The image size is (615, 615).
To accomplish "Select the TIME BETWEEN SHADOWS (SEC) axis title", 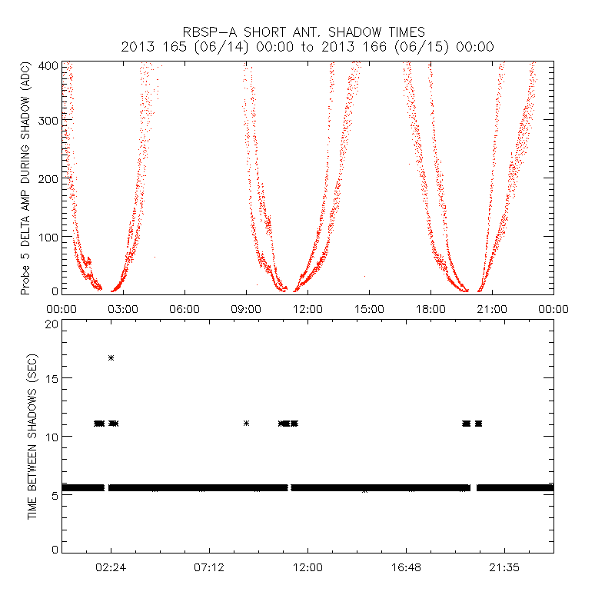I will tap(32, 437).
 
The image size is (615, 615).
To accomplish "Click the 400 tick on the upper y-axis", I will tap(48, 65).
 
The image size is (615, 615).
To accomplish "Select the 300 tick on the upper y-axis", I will tap(48, 121).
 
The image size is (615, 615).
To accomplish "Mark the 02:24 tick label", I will tap(111, 567).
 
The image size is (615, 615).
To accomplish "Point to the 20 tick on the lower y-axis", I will tap(52, 323).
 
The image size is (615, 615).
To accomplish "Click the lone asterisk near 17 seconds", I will tap(111, 357).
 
